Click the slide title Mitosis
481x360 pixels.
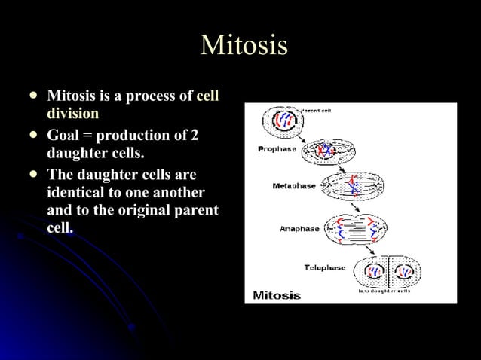[x=244, y=45]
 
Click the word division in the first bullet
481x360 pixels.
[x=73, y=114]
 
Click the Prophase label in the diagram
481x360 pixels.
[x=277, y=149]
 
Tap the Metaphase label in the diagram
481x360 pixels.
[x=293, y=185]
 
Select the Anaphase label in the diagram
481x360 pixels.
[x=299, y=229]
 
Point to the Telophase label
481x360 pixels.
[x=325, y=267]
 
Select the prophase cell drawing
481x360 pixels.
[x=323, y=151]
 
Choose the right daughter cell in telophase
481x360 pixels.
[x=405, y=272]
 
